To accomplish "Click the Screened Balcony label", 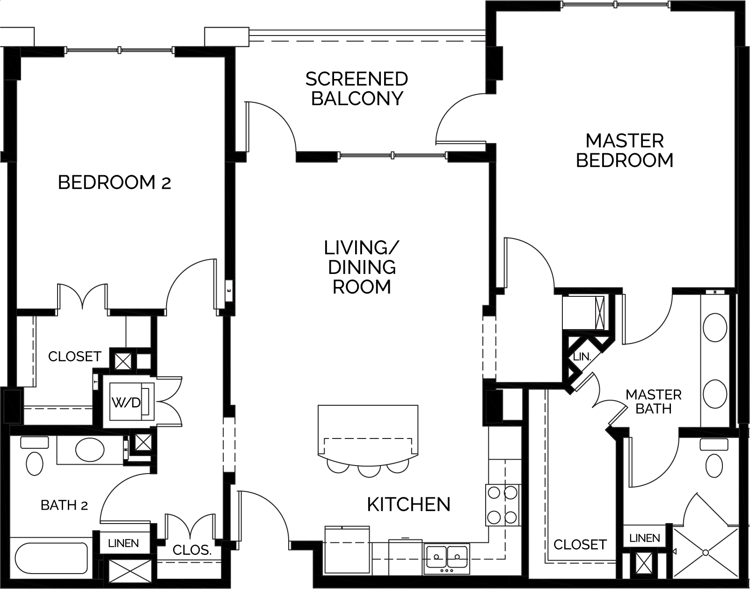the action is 357,89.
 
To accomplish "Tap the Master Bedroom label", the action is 625,151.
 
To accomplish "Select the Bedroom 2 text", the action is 114,182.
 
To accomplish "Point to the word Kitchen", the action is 408,504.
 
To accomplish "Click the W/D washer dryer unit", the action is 131,402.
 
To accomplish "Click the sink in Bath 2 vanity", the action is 90,450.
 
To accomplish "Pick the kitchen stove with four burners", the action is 503,505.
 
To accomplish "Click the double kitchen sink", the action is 447,557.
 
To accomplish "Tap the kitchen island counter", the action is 368,433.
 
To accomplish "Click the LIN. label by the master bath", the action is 582,357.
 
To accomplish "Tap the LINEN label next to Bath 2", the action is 123,544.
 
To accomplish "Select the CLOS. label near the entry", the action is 192,550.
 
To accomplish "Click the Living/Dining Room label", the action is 362,267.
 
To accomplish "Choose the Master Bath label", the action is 654,402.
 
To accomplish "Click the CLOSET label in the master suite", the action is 580,545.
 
